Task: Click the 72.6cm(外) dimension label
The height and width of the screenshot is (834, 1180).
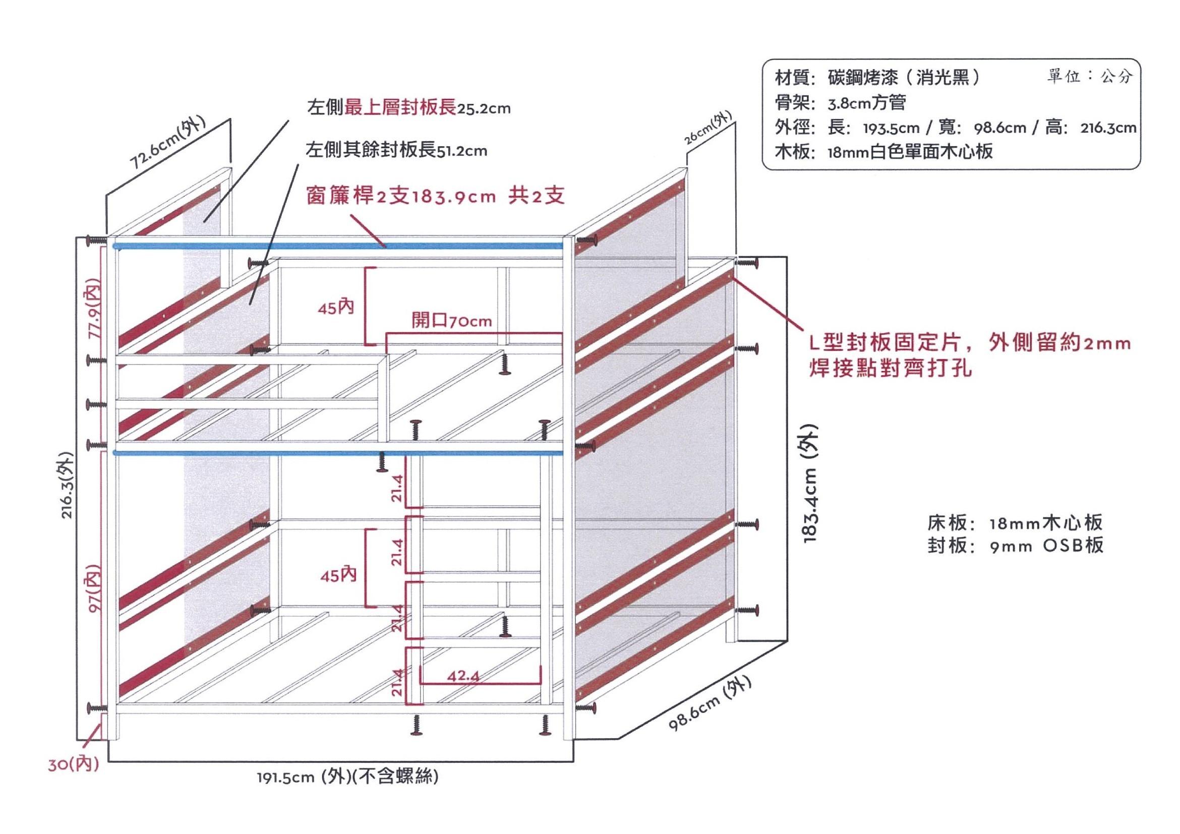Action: pyautogui.click(x=167, y=142)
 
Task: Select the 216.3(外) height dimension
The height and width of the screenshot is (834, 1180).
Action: pyautogui.click(x=69, y=485)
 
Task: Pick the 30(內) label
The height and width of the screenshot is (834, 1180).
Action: pyautogui.click(x=74, y=764)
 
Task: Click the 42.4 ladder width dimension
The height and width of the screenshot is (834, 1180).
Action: pyautogui.click(x=463, y=676)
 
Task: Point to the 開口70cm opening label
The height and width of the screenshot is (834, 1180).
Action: pyautogui.click(x=452, y=321)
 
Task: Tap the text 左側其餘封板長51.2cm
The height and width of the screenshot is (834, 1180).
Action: pyautogui.click(x=396, y=151)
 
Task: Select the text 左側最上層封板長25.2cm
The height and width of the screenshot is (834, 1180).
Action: pyautogui.click(x=408, y=108)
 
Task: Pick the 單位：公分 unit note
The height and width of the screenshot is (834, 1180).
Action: pyautogui.click(x=1090, y=77)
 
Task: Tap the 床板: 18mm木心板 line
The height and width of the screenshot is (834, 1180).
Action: pyautogui.click(x=1015, y=523)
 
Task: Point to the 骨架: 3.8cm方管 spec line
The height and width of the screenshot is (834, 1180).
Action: pyautogui.click(x=841, y=103)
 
